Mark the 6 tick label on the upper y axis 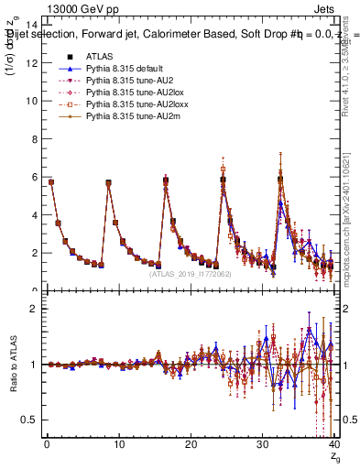point(35,177)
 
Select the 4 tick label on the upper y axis point(35,215)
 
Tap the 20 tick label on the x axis point(190,446)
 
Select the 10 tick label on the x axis point(118,446)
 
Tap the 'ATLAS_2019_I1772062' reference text point(191,273)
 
